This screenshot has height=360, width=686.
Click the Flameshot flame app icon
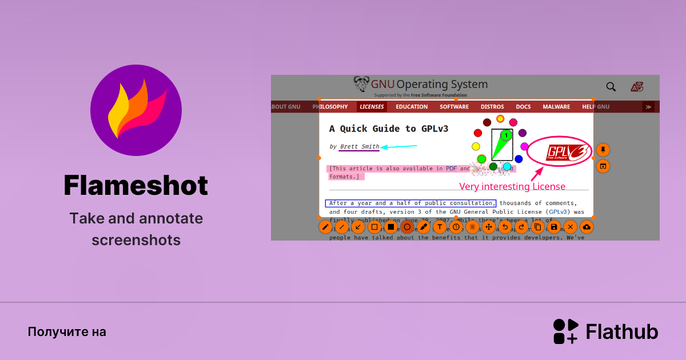click(136, 110)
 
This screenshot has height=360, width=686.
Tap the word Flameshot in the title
click(136, 186)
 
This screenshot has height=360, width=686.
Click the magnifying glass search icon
click(611, 87)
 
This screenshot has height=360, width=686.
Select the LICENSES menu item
click(372, 107)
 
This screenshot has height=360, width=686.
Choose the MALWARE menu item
click(556, 107)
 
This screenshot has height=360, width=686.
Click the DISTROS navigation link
click(492, 107)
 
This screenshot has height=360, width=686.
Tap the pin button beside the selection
click(603, 150)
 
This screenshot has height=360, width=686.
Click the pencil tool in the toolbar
click(325, 227)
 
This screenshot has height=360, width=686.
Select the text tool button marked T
click(440, 227)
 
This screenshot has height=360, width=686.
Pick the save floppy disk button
click(554, 227)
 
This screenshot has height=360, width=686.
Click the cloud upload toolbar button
click(587, 227)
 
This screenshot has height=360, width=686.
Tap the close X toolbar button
click(570, 227)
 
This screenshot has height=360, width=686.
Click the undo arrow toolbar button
click(505, 227)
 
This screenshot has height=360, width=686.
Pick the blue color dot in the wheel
click(519, 159)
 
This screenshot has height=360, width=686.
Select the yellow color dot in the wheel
click(476, 147)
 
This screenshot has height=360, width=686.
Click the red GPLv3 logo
click(559, 152)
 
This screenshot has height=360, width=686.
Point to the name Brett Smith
click(359, 147)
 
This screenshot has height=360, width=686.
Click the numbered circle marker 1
click(506, 135)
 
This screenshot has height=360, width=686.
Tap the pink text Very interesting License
click(512, 186)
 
